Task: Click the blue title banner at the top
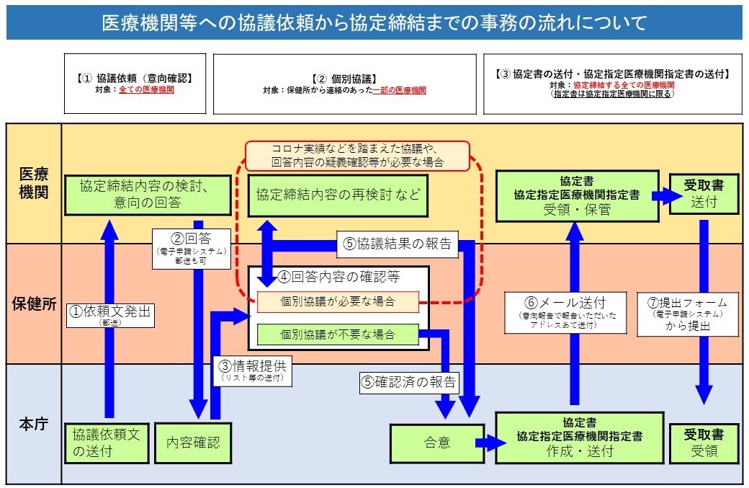tap(374, 23)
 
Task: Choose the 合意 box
tap(436, 443)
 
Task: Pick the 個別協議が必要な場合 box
tap(338, 302)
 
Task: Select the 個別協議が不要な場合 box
tap(338, 335)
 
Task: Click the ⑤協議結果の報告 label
tap(397, 244)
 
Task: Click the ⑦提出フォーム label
tap(687, 312)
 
